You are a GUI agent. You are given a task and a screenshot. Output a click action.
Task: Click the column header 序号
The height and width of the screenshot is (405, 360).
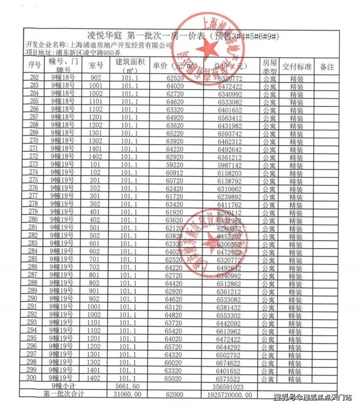pyautogui.click(x=35, y=66)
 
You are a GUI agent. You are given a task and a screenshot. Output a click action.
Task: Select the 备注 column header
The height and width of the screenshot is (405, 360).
pyautogui.click(x=327, y=67)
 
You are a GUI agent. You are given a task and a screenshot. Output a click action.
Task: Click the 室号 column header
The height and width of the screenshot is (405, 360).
pyautogui.click(x=96, y=66)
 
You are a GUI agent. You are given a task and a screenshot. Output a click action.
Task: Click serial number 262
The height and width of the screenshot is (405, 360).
pyautogui.click(x=35, y=78)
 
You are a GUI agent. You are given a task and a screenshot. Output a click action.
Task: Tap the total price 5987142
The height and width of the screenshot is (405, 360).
pyautogui.click(x=230, y=165)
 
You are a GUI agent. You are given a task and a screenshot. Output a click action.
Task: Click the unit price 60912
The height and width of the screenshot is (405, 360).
pyautogui.click(x=174, y=173)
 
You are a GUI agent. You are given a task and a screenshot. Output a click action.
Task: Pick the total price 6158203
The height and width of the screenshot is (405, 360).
pyautogui.click(x=230, y=173)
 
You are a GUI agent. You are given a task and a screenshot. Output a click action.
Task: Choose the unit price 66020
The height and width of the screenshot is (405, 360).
pyautogui.click(x=174, y=363)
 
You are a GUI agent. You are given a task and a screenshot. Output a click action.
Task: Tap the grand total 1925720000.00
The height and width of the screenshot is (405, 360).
pyautogui.click(x=232, y=393)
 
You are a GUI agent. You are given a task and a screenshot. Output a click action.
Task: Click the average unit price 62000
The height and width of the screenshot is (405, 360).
pyautogui.click(x=174, y=393)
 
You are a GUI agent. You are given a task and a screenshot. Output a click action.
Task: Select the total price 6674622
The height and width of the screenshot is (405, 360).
pyautogui.click(x=230, y=363)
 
